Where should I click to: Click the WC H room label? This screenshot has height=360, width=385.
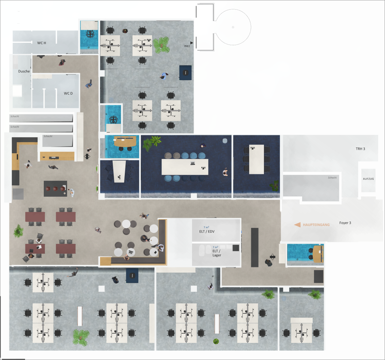click(41, 43)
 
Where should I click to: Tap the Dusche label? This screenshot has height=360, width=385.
click(24, 71)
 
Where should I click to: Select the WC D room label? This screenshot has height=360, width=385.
click(68, 93)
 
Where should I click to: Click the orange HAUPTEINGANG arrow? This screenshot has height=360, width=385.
click(297, 225)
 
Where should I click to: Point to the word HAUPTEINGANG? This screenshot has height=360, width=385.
click(316, 225)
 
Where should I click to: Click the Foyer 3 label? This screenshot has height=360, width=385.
click(345, 223)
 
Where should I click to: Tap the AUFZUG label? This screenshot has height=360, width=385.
click(368, 179)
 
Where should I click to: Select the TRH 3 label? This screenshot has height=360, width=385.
click(360, 149)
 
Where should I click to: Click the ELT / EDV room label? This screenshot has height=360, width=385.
click(207, 232)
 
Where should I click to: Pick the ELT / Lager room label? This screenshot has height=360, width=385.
click(216, 253)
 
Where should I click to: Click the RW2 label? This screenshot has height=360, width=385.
click(187, 46)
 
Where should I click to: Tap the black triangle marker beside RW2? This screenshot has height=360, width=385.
click(192, 43)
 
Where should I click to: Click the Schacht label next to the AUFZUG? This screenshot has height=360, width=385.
click(332, 178)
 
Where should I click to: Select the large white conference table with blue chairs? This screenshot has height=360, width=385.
click(185, 167)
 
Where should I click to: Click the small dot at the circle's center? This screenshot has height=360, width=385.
click(233, 27)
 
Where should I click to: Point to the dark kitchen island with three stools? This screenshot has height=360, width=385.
click(55, 189)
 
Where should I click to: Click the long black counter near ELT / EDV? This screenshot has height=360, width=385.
click(255, 247)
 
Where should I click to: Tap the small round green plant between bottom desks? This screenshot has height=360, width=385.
click(216, 341)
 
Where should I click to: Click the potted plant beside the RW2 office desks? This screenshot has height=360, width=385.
click(162, 45)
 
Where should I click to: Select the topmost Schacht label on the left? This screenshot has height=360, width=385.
click(15, 116)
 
